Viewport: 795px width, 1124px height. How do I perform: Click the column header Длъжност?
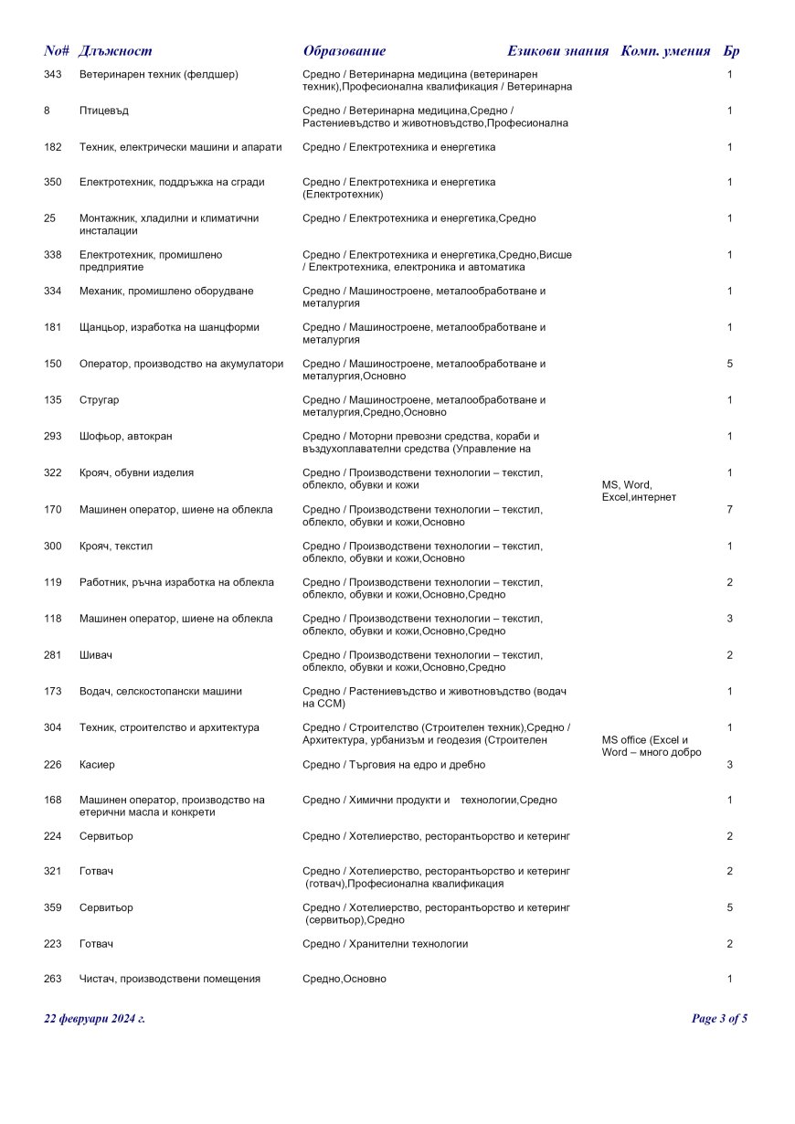coord(115,51)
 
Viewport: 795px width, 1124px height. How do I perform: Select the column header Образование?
coord(344,51)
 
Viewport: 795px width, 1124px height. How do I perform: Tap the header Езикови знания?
coord(557,51)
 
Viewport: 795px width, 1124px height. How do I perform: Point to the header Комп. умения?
coord(665,51)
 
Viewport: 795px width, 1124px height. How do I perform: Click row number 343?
coord(53,74)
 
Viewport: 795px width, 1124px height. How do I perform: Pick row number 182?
coord(53,147)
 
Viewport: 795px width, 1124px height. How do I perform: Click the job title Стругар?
coord(100,400)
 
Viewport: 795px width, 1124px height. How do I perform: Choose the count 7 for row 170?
coord(729,509)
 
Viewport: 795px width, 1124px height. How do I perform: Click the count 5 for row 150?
coord(729,364)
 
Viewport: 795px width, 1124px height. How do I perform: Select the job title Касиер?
coord(98,764)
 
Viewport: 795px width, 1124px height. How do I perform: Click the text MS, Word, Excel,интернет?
coord(639,491)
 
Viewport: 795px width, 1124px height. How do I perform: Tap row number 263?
coord(53,979)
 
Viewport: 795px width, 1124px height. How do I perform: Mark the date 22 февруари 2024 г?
coord(95,1019)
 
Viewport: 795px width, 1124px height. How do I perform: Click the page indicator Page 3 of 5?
coord(719,1019)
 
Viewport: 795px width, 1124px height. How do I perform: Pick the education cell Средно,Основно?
coord(344,979)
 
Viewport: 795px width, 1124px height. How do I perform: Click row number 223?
coord(53,943)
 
